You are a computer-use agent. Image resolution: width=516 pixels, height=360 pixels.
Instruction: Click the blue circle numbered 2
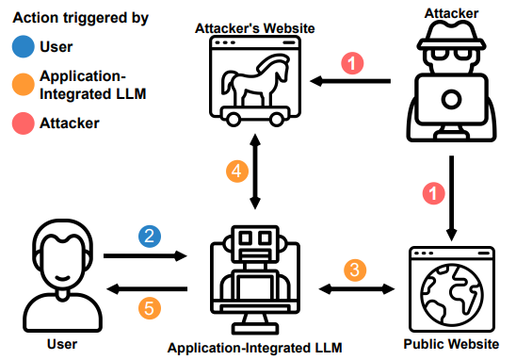(150, 237)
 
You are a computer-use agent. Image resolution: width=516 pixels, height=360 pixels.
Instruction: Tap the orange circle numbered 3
(355, 270)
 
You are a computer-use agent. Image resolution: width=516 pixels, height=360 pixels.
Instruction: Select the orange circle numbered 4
(237, 172)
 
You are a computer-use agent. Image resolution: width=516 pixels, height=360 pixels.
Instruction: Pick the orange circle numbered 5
(150, 308)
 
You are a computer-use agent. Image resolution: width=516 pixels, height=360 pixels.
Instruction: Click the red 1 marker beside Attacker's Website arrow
(352, 63)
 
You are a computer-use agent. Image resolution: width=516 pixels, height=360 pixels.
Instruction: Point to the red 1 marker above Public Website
(433, 193)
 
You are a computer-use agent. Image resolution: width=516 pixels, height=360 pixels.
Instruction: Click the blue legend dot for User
(23, 46)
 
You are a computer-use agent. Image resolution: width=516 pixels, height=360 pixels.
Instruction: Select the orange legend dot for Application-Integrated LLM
(23, 84)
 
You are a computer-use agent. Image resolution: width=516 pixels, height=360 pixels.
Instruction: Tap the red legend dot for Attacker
(23, 123)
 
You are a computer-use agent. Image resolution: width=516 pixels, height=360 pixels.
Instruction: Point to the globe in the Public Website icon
(452, 294)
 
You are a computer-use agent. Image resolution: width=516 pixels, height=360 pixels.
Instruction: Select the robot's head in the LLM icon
(255, 243)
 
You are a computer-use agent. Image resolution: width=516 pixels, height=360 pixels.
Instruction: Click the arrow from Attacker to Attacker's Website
(350, 81)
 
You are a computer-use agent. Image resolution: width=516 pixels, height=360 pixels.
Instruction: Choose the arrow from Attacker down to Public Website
(452, 198)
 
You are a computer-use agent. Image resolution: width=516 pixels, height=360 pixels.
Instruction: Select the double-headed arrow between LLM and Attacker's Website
(255, 172)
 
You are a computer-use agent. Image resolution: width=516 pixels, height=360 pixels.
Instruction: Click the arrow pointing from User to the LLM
(145, 255)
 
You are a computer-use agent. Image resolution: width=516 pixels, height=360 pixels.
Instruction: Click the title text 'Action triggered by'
(81, 18)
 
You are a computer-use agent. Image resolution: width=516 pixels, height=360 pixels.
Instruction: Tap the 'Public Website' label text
(451, 344)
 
